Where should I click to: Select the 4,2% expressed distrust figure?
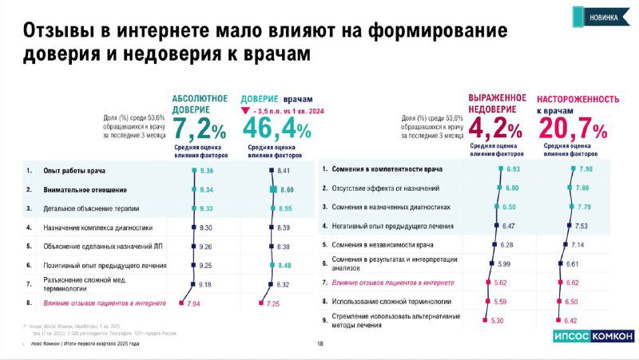point(495,128)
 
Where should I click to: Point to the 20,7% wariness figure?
point(573,128)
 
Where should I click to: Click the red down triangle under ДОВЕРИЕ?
point(247,112)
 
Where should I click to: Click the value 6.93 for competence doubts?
point(513,169)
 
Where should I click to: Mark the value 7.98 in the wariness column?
point(587,169)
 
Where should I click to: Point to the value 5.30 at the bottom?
point(497,320)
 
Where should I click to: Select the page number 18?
point(319,344)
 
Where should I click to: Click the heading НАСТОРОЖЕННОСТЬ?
point(577,99)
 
